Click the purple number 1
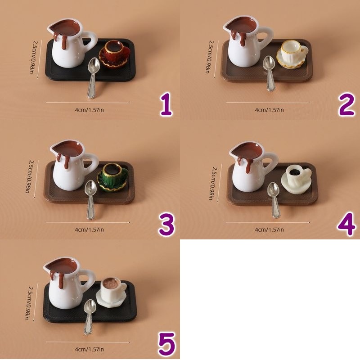(166, 104)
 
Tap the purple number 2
(346, 104)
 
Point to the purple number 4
(346, 224)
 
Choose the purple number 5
(167, 343)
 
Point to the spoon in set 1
(93, 77)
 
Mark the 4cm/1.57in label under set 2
(269, 110)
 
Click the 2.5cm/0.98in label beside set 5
(30, 302)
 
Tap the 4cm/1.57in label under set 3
(89, 229)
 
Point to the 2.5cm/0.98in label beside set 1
(35, 57)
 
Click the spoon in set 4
(274, 200)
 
